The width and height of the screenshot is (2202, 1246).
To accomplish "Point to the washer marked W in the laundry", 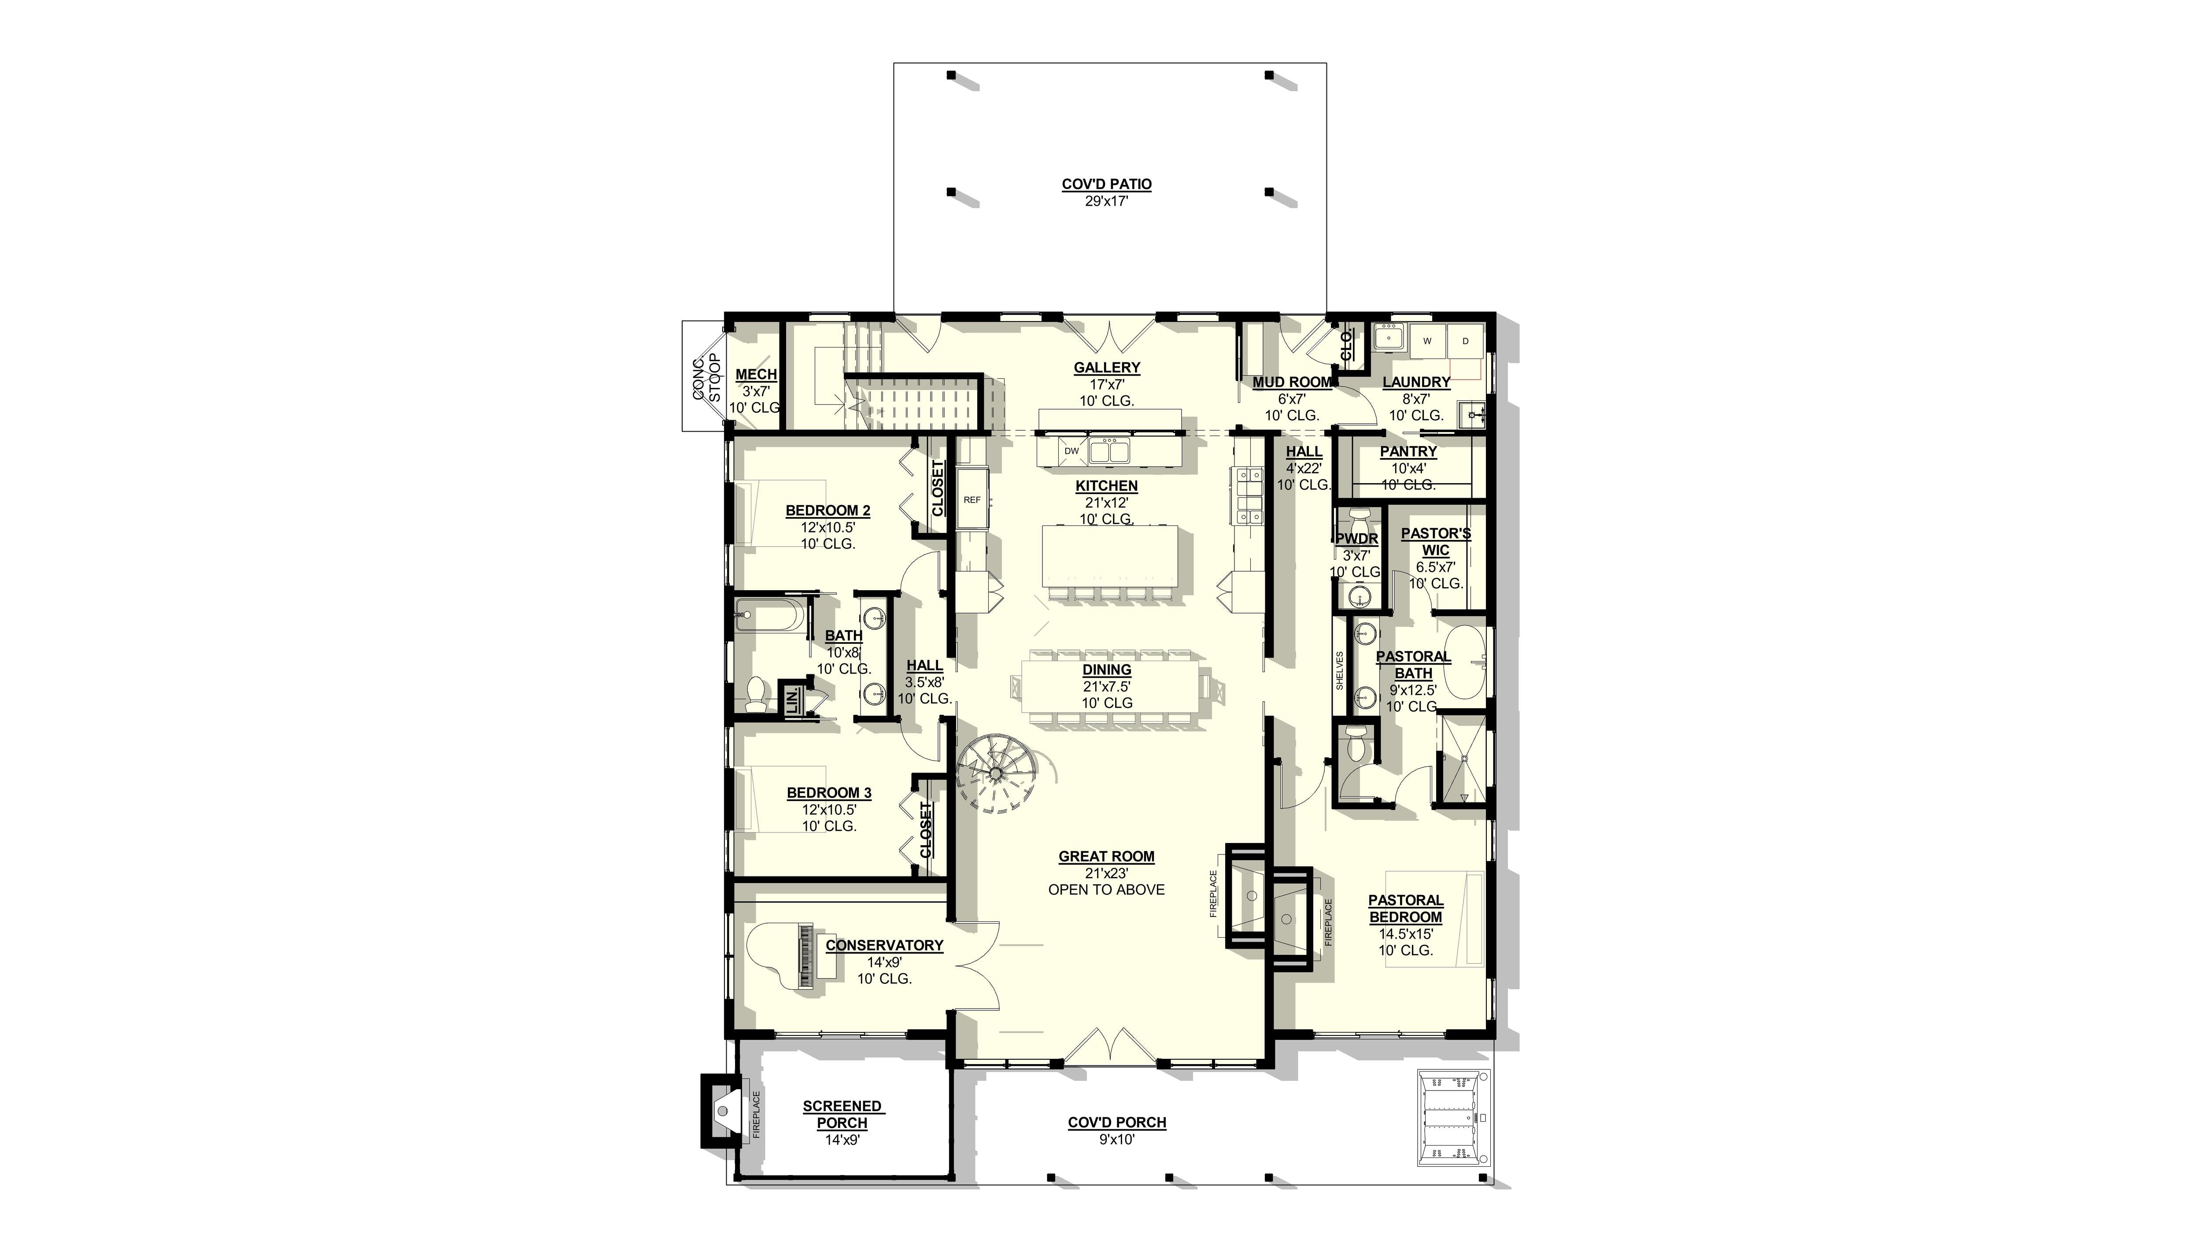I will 1427,341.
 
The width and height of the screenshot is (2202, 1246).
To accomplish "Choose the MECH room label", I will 756,374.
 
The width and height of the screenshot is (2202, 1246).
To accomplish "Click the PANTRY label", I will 1408,451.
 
